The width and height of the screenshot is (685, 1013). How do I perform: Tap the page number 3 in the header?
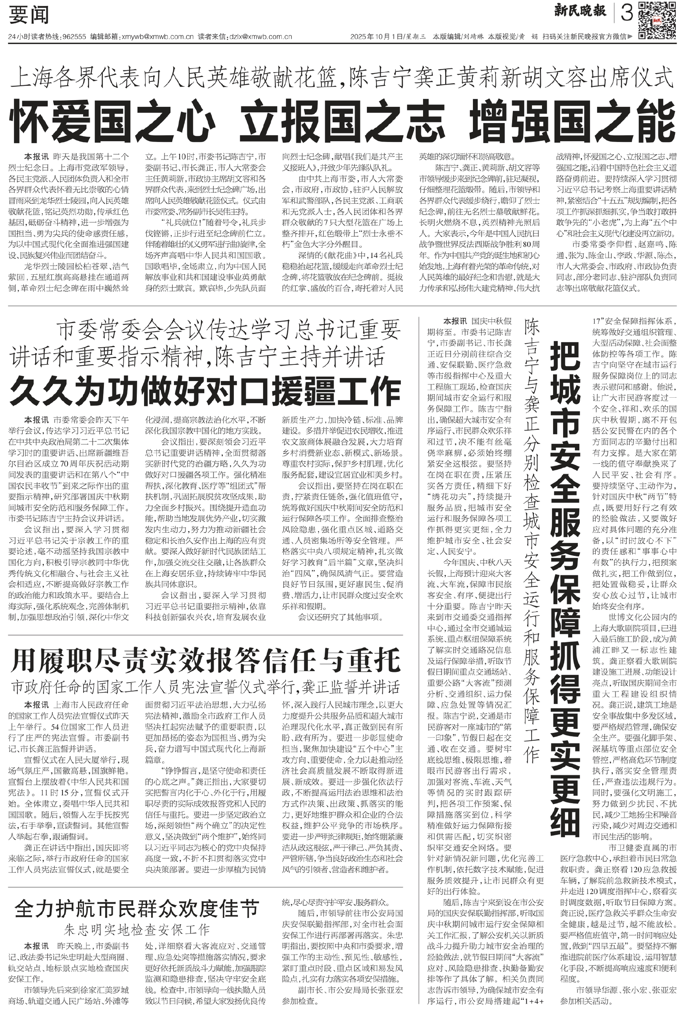(626, 13)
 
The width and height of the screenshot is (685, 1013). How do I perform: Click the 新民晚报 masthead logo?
(580, 11)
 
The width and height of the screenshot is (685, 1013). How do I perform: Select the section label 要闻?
(29, 16)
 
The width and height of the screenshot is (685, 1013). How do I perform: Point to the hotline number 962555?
(74, 37)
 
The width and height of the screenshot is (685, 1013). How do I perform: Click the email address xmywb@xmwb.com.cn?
(157, 37)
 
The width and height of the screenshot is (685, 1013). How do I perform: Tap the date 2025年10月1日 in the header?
(376, 37)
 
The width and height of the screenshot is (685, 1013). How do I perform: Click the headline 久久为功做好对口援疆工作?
(205, 391)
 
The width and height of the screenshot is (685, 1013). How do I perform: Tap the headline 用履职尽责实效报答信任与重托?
(205, 661)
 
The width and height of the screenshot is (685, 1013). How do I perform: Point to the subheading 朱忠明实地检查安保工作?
(137, 930)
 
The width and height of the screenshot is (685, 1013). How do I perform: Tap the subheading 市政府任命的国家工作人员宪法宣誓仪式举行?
(205, 687)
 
